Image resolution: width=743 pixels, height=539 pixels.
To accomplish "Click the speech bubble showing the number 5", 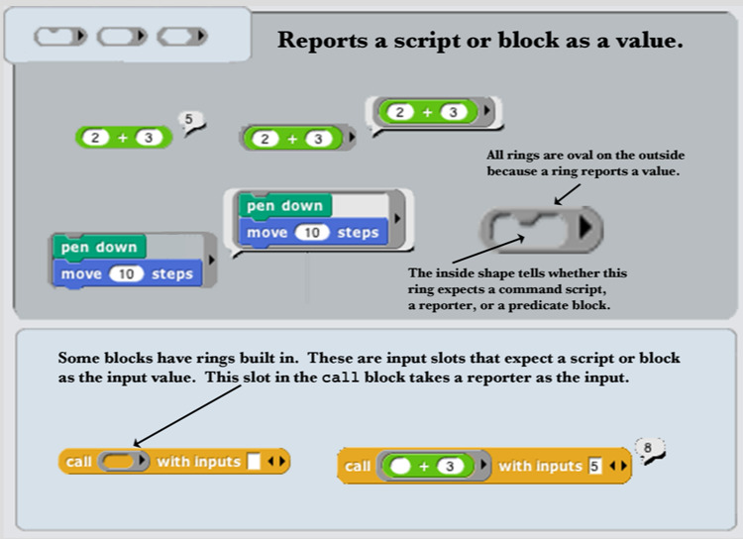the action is coord(190,121).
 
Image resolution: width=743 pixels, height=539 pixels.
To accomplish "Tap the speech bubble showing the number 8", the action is coord(649,450).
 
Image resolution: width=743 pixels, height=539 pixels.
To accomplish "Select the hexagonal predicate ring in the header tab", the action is coord(182,36).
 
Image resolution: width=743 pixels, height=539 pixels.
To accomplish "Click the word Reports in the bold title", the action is coord(322,41).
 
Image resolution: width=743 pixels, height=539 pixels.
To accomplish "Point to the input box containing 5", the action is coord(594,466).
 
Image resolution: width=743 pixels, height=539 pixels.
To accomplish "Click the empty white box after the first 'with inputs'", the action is coord(254,462).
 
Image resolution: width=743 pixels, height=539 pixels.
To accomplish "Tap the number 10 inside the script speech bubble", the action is coord(311,233).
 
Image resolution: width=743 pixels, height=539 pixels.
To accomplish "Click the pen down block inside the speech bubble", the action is coord(284,206).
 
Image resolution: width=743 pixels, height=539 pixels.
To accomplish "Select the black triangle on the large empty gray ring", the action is coord(585,227).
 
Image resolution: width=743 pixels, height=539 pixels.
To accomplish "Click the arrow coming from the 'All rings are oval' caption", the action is coord(568,194).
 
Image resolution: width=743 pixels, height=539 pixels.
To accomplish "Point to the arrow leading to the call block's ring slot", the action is coord(187,416).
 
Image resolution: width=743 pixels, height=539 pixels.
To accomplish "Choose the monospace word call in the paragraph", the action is coord(340,377).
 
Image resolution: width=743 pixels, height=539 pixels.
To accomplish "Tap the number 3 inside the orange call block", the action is coord(450,467).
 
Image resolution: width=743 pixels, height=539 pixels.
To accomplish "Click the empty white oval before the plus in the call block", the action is coord(400,466).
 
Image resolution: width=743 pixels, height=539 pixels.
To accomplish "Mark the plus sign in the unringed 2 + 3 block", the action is coord(123,138).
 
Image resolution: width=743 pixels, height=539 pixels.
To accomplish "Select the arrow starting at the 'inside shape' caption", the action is coord(488,250).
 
